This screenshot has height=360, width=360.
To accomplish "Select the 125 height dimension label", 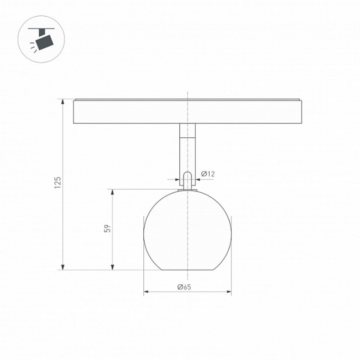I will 58,183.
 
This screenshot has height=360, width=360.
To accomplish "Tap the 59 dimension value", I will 107,229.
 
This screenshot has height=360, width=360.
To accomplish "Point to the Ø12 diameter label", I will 208,174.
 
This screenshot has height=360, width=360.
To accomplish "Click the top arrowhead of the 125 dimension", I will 63,101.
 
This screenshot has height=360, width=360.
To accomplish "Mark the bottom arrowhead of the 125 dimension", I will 63,267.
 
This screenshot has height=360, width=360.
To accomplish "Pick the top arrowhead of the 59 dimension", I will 113,191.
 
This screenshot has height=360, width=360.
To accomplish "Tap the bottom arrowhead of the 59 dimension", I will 113,267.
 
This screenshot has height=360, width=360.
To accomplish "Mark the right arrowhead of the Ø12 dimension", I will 196,179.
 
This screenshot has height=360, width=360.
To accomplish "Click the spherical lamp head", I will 187,230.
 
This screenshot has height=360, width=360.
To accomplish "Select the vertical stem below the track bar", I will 187,149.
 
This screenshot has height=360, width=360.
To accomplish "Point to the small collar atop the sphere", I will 187,189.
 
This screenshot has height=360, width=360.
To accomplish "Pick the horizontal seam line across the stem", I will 187,138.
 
